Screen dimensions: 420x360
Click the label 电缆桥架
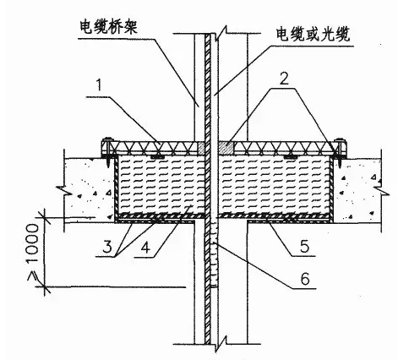pyautogui.click(x=108, y=27)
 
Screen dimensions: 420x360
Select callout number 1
pyautogui.click(x=98, y=85)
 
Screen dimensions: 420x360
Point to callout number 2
pyautogui.click(x=285, y=79)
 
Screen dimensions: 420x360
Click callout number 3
pyautogui.click(x=106, y=246)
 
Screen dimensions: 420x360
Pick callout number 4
pyautogui.click(x=145, y=248)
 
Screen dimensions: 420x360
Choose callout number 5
pyautogui.click(x=304, y=246)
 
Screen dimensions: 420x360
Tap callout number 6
pyautogui.click(x=305, y=279)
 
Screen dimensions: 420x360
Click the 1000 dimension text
pyautogui.click(x=32, y=243)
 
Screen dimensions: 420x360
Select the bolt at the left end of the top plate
pyautogui.click(x=108, y=150)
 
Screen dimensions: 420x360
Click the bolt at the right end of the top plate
pyautogui.click(x=339, y=150)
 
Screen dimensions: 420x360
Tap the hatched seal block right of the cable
pyautogui.click(x=226, y=148)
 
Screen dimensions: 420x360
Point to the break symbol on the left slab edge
pyautogui.click(x=64, y=191)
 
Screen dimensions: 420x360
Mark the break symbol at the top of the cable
pyautogui.click(x=221, y=31)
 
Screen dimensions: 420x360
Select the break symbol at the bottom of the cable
pyautogui.click(x=221, y=344)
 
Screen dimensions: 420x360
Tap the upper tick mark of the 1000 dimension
pyautogui.click(x=45, y=217)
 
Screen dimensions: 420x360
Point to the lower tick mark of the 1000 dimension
pyautogui.click(x=45, y=287)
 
